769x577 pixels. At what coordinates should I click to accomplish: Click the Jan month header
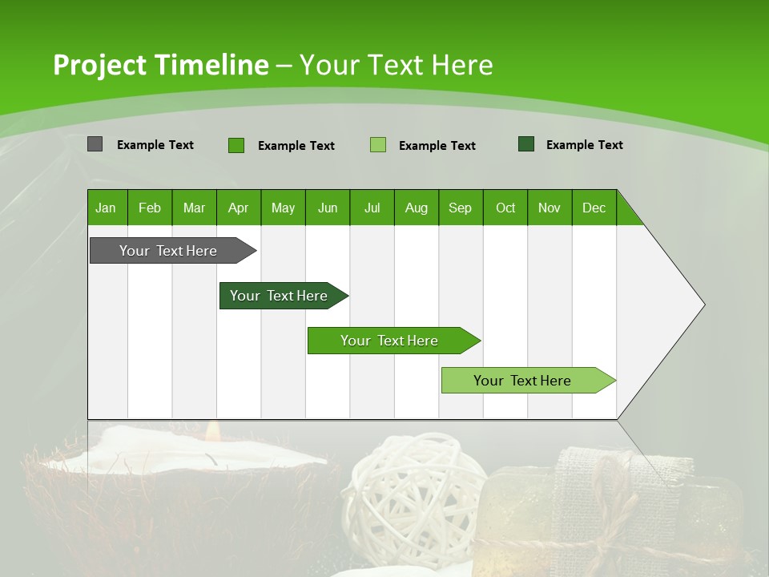(106, 208)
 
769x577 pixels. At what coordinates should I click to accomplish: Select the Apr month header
(238, 208)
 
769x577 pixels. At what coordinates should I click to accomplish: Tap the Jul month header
(372, 208)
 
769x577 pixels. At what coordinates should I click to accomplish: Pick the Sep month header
(460, 208)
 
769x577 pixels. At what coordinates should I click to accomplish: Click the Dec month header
(594, 208)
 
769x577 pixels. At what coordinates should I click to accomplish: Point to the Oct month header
(505, 208)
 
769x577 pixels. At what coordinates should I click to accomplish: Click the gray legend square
(95, 144)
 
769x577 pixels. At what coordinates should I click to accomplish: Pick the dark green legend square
(526, 144)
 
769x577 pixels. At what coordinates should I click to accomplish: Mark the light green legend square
(378, 145)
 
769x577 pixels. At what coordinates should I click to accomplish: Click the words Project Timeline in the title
(160, 65)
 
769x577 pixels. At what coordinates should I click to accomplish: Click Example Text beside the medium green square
(296, 146)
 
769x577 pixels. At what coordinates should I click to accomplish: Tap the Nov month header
(550, 208)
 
